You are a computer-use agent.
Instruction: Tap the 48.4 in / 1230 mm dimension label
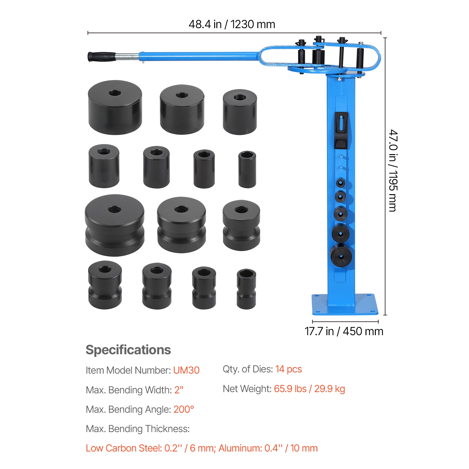click(x=232, y=24)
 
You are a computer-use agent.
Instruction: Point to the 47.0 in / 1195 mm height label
click(x=393, y=171)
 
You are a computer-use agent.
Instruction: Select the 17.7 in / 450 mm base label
click(x=344, y=331)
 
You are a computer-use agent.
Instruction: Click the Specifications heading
click(x=128, y=350)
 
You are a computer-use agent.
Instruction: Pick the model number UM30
click(x=186, y=370)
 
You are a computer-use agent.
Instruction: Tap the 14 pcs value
click(x=289, y=369)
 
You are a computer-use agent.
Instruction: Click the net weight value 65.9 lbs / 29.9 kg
click(x=310, y=389)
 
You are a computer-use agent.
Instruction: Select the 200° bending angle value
click(x=184, y=409)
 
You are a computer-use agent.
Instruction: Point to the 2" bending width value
click(x=179, y=390)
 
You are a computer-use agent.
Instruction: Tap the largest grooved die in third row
click(x=115, y=225)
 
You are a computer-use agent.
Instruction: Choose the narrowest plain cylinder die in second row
click(x=247, y=169)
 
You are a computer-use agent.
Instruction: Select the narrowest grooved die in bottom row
click(x=246, y=289)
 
